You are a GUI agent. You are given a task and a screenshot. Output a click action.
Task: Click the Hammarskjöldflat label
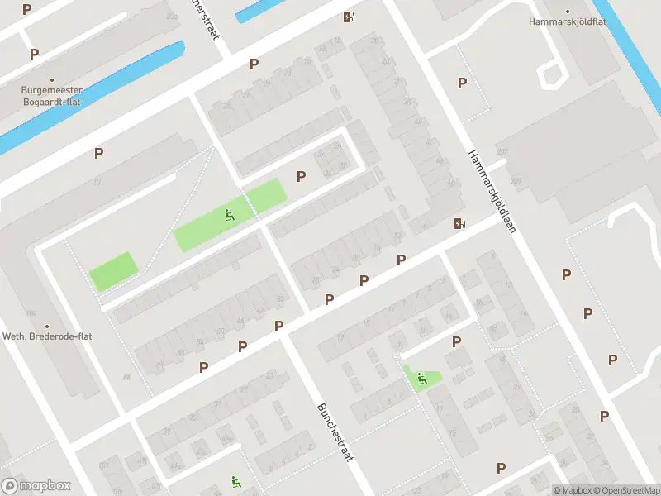(x=568, y=22)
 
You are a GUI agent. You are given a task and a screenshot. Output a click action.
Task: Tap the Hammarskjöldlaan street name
(x=490, y=191)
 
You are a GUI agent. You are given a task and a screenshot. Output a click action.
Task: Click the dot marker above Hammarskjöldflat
(x=568, y=12)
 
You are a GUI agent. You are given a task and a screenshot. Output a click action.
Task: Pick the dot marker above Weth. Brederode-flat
(x=47, y=327)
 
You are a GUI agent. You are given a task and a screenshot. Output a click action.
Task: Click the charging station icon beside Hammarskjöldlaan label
(x=459, y=223)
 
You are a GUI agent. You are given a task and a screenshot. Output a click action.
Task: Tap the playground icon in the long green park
(x=230, y=217)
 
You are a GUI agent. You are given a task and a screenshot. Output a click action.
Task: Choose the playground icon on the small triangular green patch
(x=422, y=379)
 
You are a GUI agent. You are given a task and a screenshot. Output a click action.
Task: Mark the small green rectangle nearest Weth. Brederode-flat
(x=112, y=271)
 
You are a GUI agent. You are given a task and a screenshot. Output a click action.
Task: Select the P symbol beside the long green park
(x=301, y=175)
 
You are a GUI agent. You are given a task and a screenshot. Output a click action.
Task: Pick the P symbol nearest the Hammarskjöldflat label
(x=462, y=83)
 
